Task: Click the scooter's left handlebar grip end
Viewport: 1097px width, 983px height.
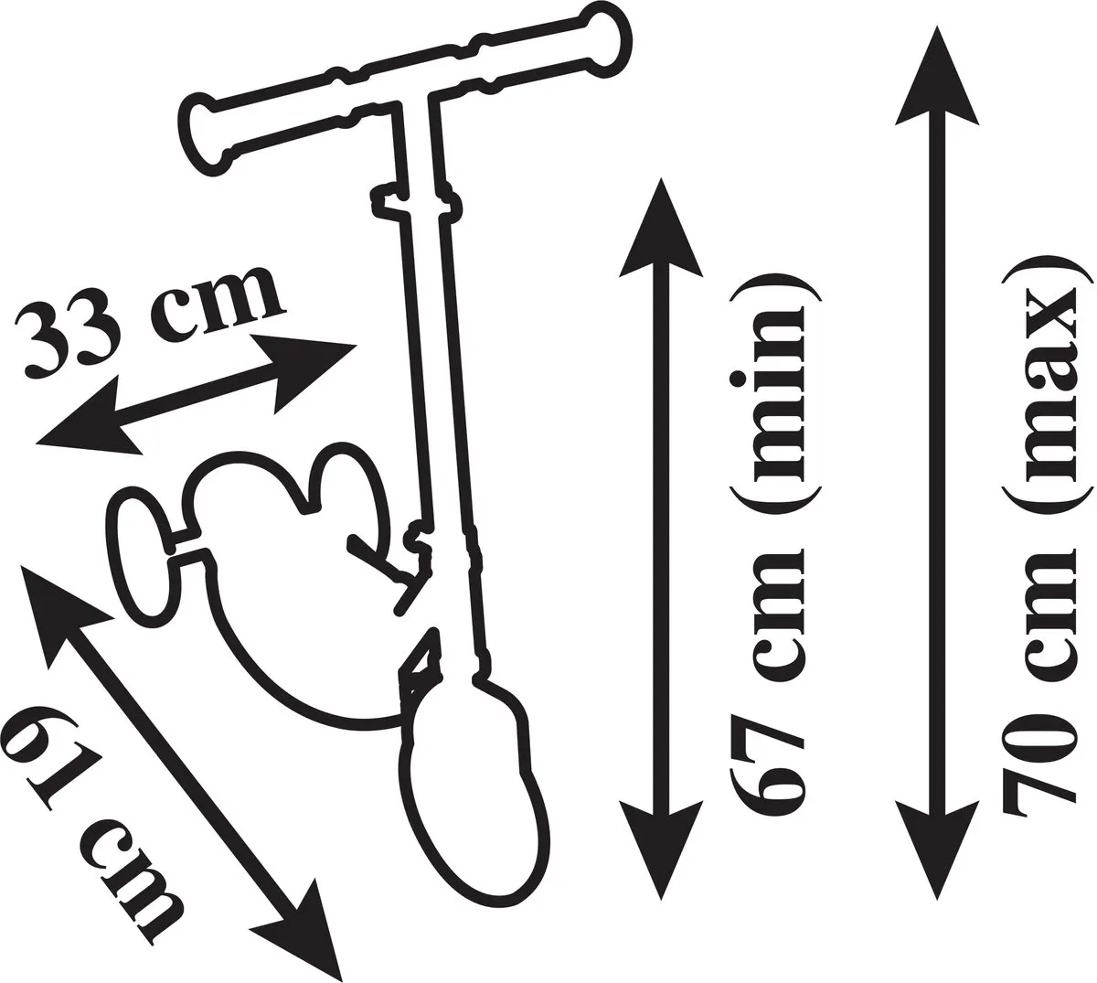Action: pos(201,130)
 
